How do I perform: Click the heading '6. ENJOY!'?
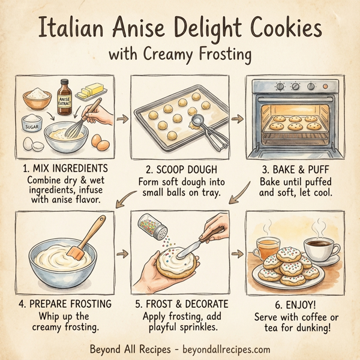pyautogui.click(x=295, y=304)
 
